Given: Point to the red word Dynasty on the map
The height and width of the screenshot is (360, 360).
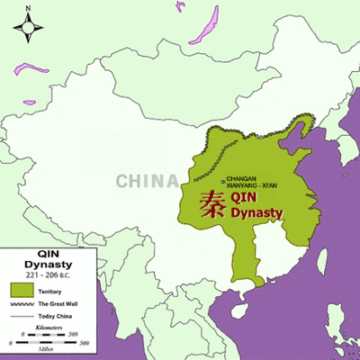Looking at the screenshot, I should [257, 213].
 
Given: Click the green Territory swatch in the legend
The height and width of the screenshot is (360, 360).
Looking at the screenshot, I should [21, 290].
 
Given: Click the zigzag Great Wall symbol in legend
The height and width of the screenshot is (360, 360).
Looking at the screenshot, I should [21, 304].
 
